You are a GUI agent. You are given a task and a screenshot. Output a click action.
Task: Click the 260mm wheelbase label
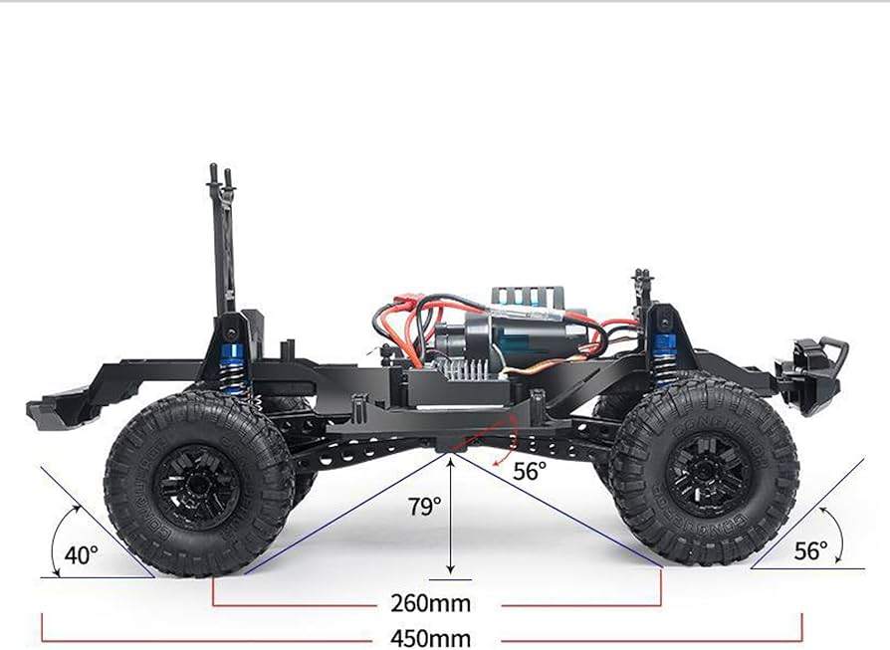tap(430, 603)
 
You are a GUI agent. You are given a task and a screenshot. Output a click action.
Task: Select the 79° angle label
tap(425, 506)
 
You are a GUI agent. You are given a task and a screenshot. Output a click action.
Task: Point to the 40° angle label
tap(82, 554)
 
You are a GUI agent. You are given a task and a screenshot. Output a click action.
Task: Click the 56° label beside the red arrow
tap(529, 471)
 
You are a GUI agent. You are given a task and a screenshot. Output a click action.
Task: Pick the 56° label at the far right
tap(810, 550)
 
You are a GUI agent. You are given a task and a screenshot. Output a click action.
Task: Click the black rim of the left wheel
tap(196, 487)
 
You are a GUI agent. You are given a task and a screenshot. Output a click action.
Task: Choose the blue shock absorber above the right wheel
tap(662, 357)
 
